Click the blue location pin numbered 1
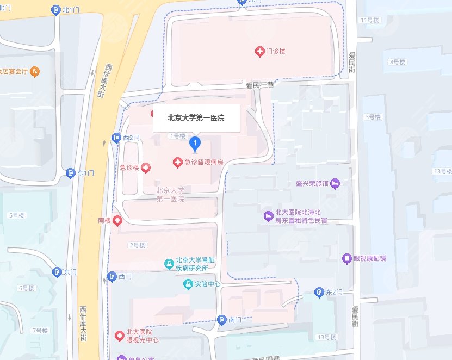coord(195,144)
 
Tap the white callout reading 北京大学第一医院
coord(196,117)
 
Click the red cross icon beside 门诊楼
coord(260,51)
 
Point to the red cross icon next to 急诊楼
coord(145,168)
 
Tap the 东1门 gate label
coord(86,173)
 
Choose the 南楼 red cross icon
coord(117,220)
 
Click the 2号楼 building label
coord(137,245)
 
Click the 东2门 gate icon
coord(319,294)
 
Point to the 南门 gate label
coord(234,320)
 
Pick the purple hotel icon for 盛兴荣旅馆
coord(335,183)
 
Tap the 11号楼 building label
coord(369,20)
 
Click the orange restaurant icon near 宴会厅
coord(35,71)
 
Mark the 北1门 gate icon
coord(55,10)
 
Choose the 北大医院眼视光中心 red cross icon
coord(119,336)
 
